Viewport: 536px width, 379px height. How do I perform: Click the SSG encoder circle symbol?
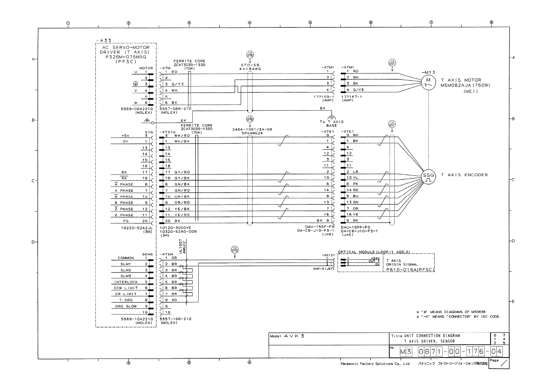pyautogui.click(x=428, y=177)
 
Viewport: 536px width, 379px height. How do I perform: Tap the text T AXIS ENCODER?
pyautogui.click(x=464, y=175)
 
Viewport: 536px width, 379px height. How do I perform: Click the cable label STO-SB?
pyautogui.click(x=250, y=65)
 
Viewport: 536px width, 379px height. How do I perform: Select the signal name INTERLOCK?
pyautogui.click(x=126, y=282)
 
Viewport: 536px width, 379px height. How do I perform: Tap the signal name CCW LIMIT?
pyautogui.click(x=126, y=288)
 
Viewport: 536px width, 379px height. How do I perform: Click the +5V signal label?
pyautogui.click(x=125, y=135)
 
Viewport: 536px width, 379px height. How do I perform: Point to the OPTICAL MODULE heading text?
pyautogui.click(x=373, y=252)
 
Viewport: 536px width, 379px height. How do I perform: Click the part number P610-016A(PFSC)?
pyautogui.click(x=410, y=270)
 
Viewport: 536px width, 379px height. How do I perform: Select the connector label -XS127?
pyautogui.click(x=328, y=255)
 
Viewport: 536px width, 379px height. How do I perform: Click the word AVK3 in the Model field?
pyautogui.click(x=294, y=336)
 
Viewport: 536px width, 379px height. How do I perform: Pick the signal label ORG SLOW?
pyautogui.click(x=126, y=306)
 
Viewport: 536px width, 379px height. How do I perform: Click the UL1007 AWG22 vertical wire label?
pyautogui.click(x=182, y=247)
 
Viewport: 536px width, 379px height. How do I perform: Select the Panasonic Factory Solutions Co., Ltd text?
pyautogui.click(x=375, y=364)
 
